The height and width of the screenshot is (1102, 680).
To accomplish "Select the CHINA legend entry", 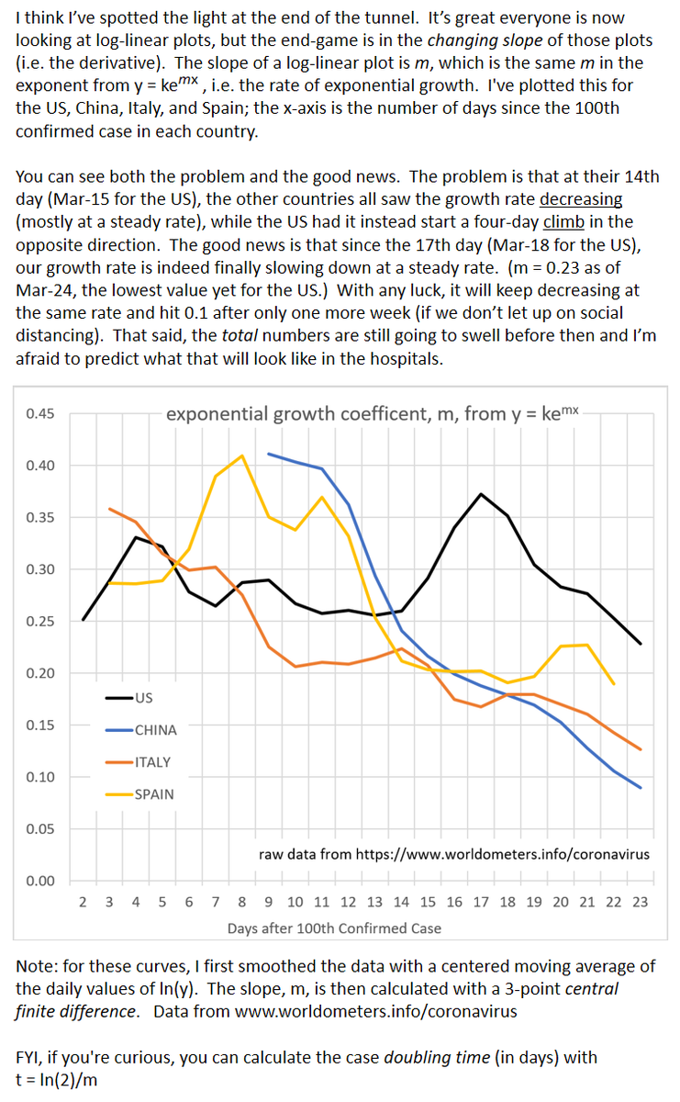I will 155,729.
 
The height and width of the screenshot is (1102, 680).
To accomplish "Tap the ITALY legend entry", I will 152,761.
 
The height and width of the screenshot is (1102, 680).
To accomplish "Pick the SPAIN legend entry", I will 153,793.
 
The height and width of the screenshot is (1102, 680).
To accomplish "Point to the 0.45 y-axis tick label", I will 40,414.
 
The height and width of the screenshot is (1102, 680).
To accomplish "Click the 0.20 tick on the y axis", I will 40,673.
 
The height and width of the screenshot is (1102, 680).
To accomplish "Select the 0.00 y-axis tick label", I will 40,881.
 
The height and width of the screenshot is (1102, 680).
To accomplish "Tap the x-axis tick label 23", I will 640,902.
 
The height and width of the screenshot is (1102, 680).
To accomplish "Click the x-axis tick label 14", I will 401,902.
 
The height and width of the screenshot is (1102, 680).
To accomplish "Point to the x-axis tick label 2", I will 83,902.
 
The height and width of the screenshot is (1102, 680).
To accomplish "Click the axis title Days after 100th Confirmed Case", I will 334,928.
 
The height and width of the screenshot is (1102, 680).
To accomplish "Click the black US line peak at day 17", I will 481,494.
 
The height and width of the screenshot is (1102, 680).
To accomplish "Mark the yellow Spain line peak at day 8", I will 241,455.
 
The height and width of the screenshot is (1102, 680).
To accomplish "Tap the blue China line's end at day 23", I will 640,788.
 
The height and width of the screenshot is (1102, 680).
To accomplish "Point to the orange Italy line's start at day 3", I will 109,508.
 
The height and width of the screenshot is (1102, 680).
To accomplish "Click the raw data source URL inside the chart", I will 454,854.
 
